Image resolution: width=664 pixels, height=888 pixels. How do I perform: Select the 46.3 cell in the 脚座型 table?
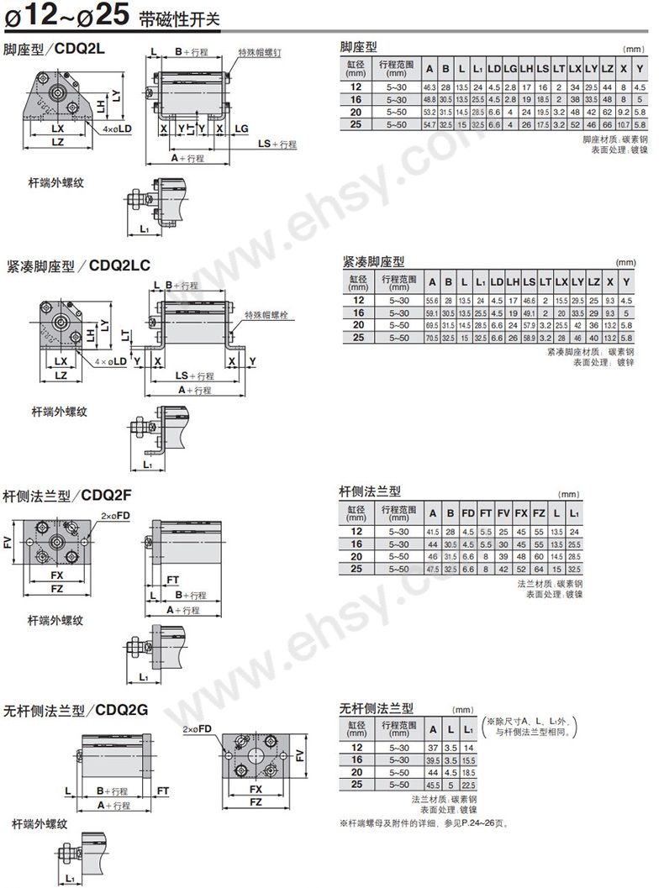tap(429, 87)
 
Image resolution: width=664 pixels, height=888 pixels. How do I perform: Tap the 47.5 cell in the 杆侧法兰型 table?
tap(433, 569)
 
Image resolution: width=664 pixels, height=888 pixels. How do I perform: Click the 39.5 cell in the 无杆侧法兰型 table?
tap(434, 759)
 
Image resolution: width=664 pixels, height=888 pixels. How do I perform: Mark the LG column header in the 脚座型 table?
tap(510, 68)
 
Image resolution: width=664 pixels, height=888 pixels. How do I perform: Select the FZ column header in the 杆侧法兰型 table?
tap(539, 513)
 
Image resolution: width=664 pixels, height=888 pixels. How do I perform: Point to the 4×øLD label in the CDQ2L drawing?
tap(118, 129)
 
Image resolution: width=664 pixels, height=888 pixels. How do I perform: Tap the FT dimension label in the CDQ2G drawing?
tap(163, 791)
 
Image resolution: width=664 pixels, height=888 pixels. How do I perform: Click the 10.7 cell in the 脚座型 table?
tap(623, 123)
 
